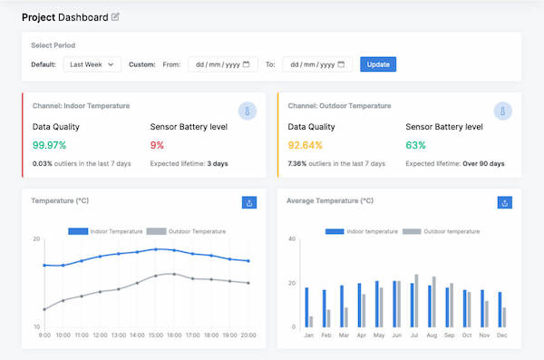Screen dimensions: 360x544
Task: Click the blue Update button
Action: point(378,64)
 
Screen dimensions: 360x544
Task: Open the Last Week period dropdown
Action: point(92,64)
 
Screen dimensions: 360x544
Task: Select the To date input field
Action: point(317,64)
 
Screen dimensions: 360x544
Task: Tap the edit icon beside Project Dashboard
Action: point(115,17)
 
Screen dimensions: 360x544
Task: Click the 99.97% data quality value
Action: point(50,145)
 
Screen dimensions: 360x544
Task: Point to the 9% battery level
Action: point(157,145)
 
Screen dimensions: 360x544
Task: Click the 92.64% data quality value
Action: point(306,145)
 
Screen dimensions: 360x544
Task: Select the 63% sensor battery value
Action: point(415,145)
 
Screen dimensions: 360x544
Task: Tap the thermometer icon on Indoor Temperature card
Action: point(248,112)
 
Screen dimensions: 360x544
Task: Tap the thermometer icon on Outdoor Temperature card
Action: point(504,112)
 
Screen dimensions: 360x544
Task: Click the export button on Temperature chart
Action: point(249,203)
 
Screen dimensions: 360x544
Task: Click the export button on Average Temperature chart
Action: point(505,203)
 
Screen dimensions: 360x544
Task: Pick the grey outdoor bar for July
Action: point(416,300)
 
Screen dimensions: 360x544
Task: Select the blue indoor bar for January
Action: point(306,307)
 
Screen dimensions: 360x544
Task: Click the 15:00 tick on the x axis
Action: point(157,335)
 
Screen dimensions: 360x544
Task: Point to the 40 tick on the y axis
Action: point(292,239)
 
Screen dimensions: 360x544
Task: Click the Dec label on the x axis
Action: point(501,335)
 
